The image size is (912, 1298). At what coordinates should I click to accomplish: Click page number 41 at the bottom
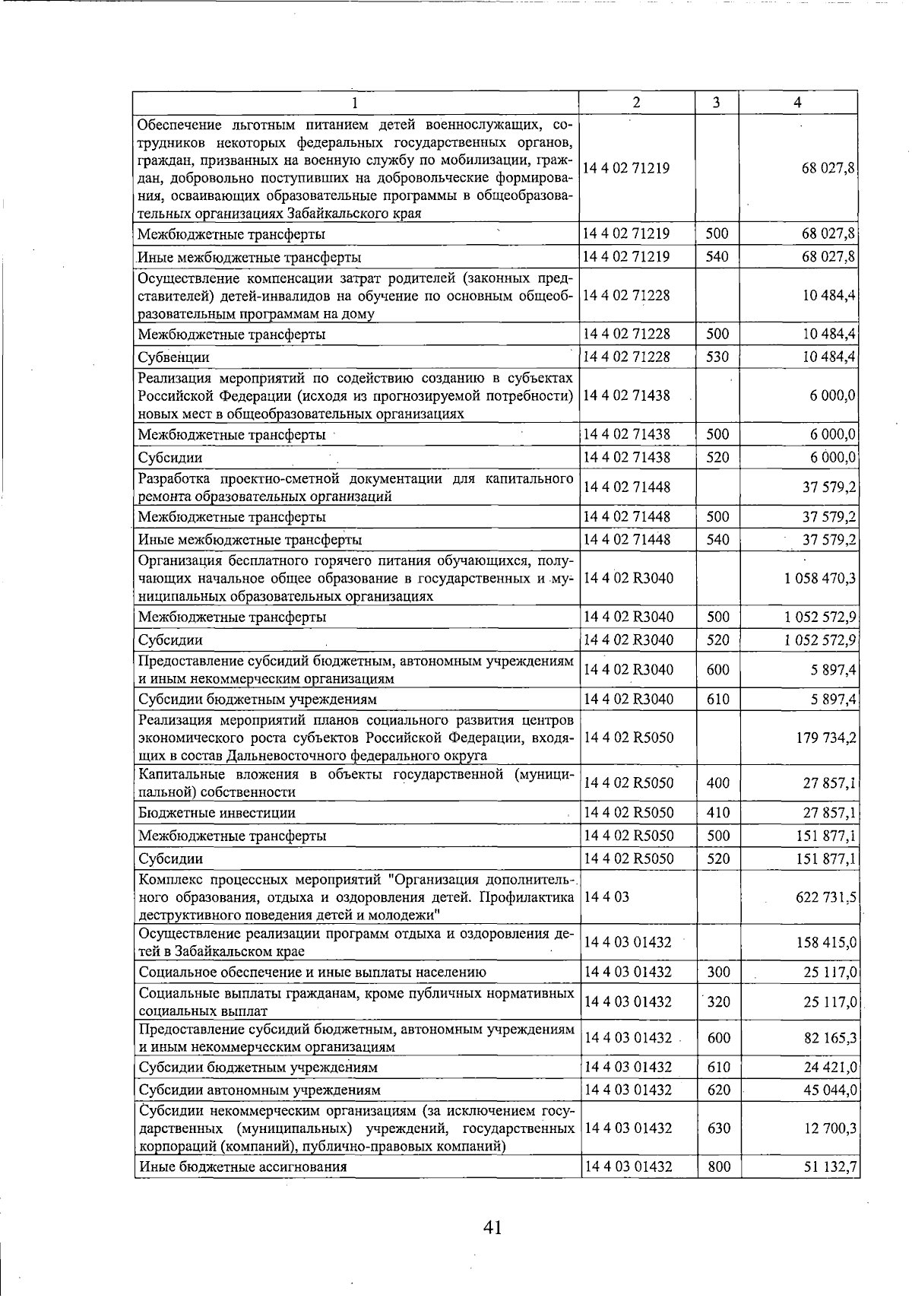point(492,1227)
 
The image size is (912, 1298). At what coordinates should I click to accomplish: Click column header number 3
point(717,103)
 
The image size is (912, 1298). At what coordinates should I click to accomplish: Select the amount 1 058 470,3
point(819,579)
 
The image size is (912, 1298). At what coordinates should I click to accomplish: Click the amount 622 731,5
point(826,898)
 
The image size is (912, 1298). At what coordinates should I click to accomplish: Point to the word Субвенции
point(173,357)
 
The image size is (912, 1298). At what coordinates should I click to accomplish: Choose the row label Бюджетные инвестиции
point(217,813)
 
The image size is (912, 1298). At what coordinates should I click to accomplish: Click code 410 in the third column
point(717,813)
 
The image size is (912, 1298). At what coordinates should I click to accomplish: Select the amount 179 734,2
point(826,738)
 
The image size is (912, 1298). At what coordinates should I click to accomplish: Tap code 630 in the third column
point(718,1128)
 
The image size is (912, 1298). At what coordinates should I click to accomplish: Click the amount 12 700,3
point(830,1128)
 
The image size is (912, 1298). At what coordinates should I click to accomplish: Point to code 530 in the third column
point(717,357)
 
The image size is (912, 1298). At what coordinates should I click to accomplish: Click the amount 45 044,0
point(830,1090)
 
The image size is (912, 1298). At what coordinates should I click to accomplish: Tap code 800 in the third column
point(718,1166)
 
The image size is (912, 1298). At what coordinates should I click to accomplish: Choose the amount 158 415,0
point(826,943)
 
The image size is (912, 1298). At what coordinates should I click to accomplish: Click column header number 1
point(355,103)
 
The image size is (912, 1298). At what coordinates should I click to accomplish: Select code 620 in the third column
point(718,1090)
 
